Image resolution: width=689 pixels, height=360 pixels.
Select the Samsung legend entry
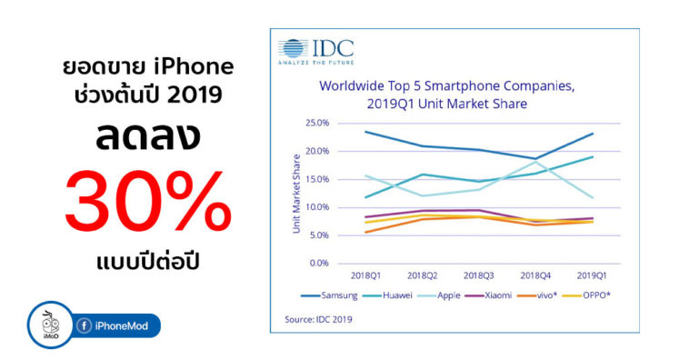[x=334, y=295]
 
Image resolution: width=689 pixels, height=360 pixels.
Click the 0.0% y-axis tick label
[x=318, y=264]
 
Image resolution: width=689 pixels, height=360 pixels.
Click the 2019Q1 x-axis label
[x=593, y=275]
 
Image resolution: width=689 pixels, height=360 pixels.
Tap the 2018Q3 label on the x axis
[x=479, y=275]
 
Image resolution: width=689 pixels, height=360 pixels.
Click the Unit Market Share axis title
[x=296, y=193]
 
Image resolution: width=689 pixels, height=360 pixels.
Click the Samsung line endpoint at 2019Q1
[x=593, y=134]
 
